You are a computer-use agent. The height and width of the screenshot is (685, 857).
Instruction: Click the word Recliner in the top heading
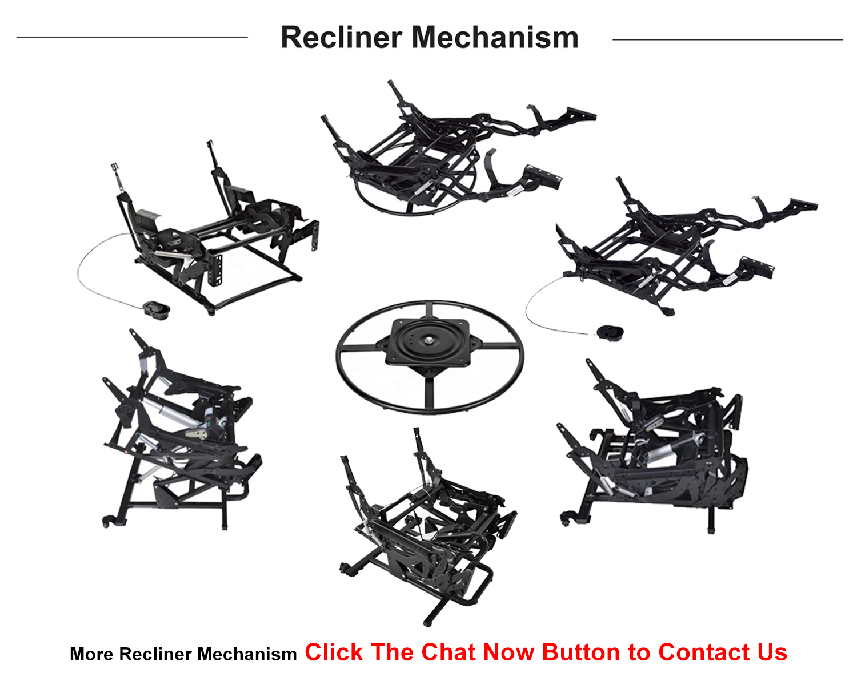pyautogui.click(x=341, y=38)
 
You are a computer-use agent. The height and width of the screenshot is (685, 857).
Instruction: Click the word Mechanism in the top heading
pyautogui.click(x=495, y=38)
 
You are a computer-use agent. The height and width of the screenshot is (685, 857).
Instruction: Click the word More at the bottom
pyautogui.click(x=91, y=654)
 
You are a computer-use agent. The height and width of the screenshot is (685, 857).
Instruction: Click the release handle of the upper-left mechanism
pyautogui.click(x=156, y=309)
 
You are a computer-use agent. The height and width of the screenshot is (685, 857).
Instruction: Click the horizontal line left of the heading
pyautogui.click(x=132, y=37)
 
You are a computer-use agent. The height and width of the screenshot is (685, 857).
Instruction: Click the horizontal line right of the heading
pyautogui.click(x=727, y=39)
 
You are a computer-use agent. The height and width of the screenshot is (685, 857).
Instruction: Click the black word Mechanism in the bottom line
pyautogui.click(x=247, y=654)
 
